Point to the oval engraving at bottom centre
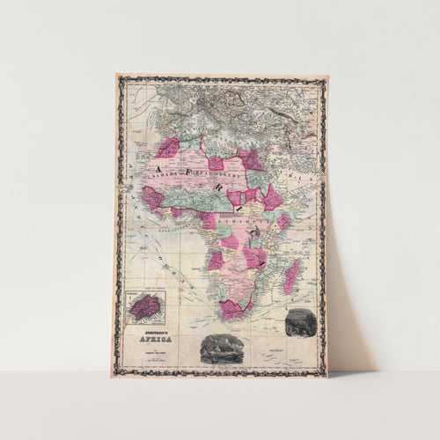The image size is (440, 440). click(221, 348)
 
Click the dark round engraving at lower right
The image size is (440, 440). click(300, 323)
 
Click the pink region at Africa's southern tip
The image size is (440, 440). click(232, 309)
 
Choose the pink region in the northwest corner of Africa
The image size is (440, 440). click(167, 147)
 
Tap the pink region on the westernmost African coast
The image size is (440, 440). click(152, 198)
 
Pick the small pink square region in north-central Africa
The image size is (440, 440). click(215, 164)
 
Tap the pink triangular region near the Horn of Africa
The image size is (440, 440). click(272, 197)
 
